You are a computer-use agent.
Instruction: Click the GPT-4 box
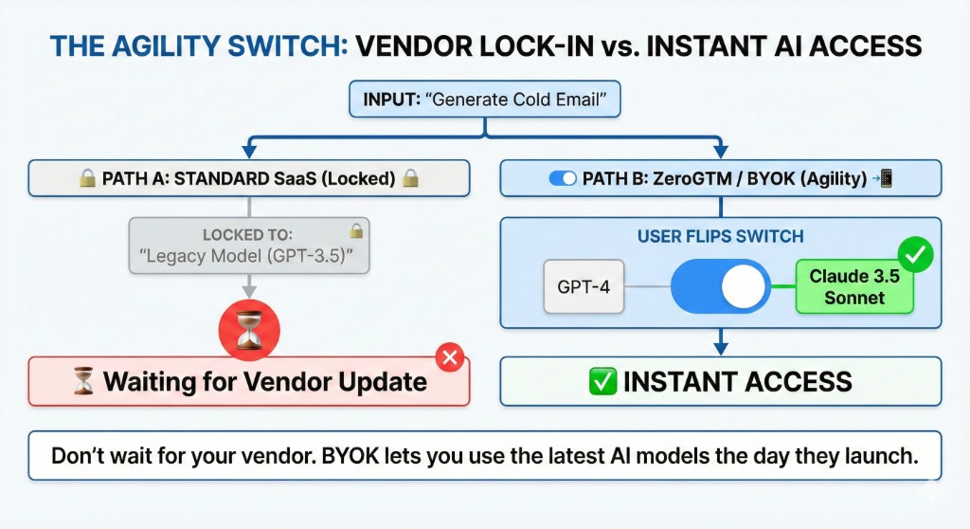click(x=584, y=286)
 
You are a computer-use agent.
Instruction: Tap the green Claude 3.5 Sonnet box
click(x=854, y=287)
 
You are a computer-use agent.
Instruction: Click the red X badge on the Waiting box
click(x=451, y=358)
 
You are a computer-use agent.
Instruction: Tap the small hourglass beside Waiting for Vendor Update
click(x=84, y=383)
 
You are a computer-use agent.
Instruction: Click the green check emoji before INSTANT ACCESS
click(x=602, y=382)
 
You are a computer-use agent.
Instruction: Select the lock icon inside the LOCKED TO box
click(x=356, y=230)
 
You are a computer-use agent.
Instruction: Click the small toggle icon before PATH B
click(x=563, y=178)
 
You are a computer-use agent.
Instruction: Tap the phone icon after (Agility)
click(x=886, y=178)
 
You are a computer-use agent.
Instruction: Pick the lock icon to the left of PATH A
click(x=87, y=178)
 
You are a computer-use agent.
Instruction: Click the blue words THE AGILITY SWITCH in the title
click(x=196, y=46)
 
